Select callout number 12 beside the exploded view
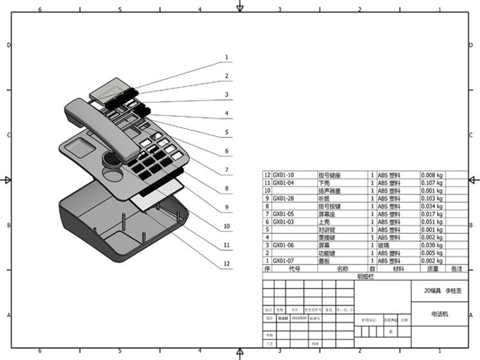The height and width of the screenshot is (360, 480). click(x=226, y=263)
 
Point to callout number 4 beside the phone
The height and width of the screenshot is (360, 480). click(x=226, y=113)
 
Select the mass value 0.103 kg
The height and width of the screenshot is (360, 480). click(x=433, y=198)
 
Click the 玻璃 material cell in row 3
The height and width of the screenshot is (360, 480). click(x=384, y=244)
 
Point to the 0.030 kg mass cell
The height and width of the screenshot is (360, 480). click(x=433, y=244)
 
